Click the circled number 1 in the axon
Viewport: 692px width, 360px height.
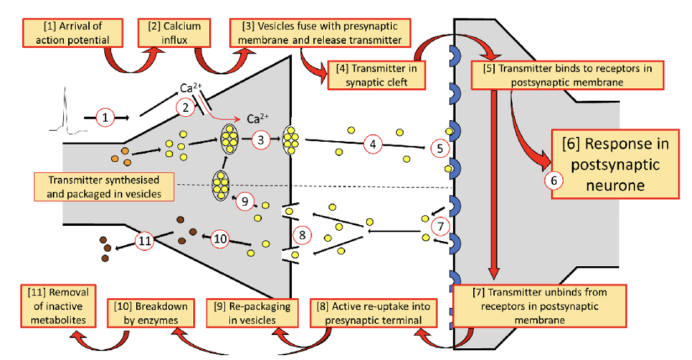104,117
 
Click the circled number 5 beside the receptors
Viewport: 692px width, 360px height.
439,147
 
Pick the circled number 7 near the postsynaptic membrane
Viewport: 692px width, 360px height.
440,226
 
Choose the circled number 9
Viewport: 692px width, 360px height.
245,202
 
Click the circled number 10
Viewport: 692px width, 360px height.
220,238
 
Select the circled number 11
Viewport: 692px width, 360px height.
145,240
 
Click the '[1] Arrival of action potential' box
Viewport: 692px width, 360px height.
73,33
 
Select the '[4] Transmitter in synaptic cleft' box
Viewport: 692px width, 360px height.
376,74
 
